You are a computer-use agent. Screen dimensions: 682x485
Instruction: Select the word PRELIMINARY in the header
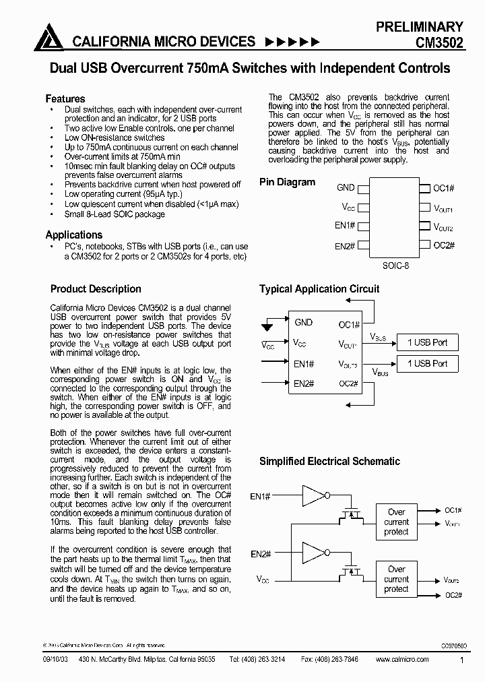point(419,27)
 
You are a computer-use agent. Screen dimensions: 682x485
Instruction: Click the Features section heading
point(65,98)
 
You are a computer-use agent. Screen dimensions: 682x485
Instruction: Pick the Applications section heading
point(73,235)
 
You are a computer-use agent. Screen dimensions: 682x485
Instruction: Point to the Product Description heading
point(96,289)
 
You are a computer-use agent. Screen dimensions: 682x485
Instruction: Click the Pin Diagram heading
point(287,182)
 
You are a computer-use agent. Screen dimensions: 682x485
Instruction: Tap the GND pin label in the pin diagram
point(345,188)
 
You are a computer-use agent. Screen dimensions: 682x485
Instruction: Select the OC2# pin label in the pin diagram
point(444,246)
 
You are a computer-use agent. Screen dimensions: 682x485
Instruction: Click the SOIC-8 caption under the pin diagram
point(395,266)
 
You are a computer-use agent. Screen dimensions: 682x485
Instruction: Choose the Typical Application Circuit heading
point(319,289)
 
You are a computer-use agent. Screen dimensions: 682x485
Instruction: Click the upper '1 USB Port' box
point(427,342)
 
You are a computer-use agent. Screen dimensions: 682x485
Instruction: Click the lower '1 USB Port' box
point(427,364)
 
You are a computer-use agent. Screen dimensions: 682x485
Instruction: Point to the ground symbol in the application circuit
point(267,328)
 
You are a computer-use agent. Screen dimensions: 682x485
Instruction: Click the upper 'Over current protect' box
point(396,522)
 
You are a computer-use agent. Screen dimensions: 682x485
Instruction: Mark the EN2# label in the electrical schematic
point(261,555)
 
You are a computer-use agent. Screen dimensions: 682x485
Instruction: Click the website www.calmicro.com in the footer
point(401,659)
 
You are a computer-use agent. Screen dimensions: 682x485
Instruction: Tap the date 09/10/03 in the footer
point(55,659)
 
